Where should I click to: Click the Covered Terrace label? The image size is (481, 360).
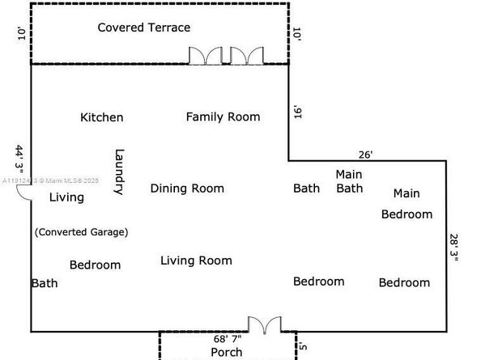144,28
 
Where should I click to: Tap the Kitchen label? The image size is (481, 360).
102,117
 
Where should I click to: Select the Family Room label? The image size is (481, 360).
223,116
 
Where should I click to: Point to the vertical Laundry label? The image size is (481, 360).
119,172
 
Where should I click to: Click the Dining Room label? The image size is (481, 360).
187,188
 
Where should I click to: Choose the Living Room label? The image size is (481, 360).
196,260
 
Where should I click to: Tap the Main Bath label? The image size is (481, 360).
349,181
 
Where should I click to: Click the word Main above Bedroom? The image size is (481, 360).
407,193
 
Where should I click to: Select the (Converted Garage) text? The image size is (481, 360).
81,231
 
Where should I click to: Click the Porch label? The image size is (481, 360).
227,352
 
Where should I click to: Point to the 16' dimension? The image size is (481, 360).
297,112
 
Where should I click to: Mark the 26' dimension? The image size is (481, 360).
366,154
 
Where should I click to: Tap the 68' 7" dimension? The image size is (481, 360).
228,340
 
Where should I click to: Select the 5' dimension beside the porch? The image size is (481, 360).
304,349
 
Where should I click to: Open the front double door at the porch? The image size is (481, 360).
264,325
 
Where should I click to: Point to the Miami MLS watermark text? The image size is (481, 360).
49,181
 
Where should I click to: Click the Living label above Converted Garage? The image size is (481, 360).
66,197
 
